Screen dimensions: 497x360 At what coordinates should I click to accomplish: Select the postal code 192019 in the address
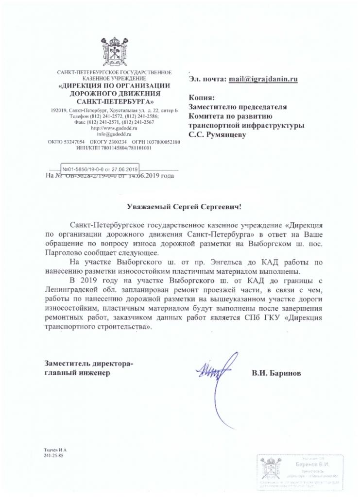pos(59,111)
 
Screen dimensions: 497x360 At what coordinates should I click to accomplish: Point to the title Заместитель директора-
pos(88,364)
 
